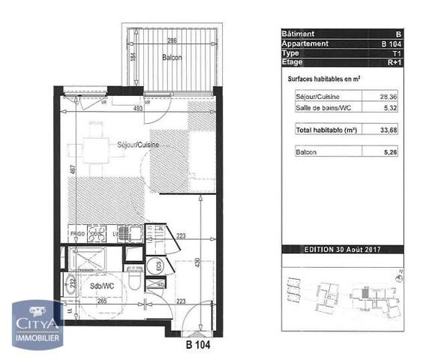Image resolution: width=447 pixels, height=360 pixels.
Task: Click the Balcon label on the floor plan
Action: pos(172,57)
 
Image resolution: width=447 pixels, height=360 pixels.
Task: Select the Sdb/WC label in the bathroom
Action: pos(101,286)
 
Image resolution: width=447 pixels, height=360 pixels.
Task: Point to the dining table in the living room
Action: pos(94,145)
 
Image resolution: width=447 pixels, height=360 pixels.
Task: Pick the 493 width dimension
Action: pos(138,109)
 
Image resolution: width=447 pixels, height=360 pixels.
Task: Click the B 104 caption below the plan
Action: pos(199,346)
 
